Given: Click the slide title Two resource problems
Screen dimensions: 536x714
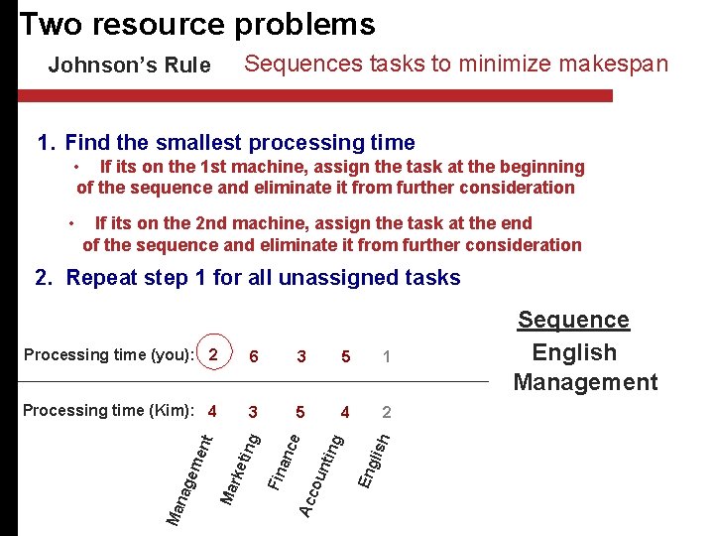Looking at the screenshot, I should pyautogui.click(x=197, y=24).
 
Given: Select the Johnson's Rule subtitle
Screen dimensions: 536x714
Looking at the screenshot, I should pyautogui.click(x=130, y=66).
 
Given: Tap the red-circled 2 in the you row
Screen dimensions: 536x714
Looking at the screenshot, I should pyautogui.click(x=213, y=354).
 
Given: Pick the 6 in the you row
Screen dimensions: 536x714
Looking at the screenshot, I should pyautogui.click(x=255, y=355).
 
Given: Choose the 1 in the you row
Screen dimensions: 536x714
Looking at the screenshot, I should pyautogui.click(x=386, y=355).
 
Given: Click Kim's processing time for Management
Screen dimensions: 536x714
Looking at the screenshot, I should pyautogui.click(x=212, y=411).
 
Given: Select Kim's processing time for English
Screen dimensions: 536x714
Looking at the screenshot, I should pyautogui.click(x=386, y=411).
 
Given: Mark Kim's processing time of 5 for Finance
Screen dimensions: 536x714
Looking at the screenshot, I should pyautogui.click(x=300, y=411).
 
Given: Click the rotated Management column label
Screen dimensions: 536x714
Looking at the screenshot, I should pyautogui.click(x=188, y=475).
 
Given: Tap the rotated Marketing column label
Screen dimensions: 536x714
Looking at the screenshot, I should pyautogui.click(x=241, y=465).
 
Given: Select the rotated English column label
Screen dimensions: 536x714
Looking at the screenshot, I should pyautogui.click(x=375, y=457).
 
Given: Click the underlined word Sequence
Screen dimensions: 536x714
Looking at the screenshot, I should pyautogui.click(x=574, y=320).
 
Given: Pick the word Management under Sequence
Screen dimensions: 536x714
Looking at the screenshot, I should pyautogui.click(x=585, y=382).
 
